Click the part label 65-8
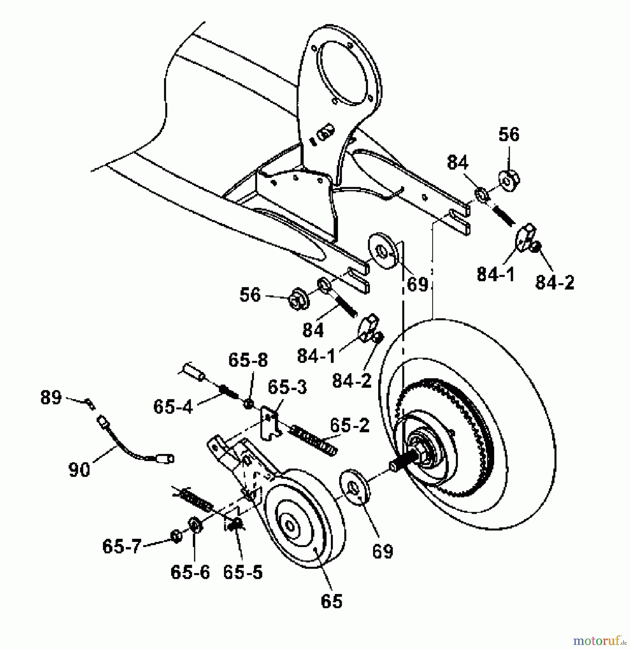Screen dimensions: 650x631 click(x=248, y=360)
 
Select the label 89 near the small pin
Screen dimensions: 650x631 click(x=51, y=398)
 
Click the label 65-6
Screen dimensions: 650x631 click(x=190, y=572)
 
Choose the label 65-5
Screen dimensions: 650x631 click(x=243, y=572)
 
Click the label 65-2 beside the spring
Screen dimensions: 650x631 click(x=350, y=426)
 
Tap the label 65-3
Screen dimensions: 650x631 click(x=287, y=387)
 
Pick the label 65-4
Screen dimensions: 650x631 click(x=173, y=407)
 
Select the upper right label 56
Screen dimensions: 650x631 click(x=509, y=135)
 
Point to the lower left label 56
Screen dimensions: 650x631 click(x=250, y=295)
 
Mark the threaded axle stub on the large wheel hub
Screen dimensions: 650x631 click(x=401, y=464)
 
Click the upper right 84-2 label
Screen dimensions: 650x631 click(x=554, y=282)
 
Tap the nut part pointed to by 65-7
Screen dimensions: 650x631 click(x=176, y=536)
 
